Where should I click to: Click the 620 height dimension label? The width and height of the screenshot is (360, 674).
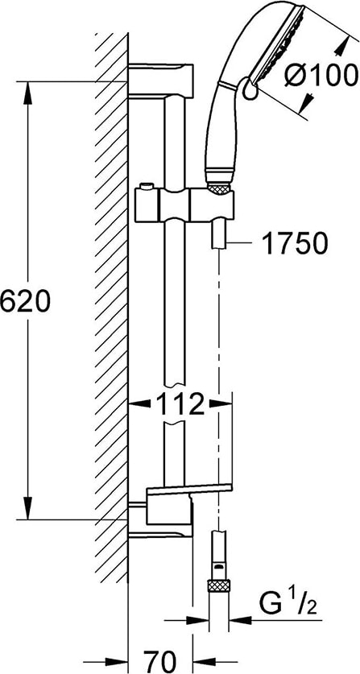click(x=25, y=301)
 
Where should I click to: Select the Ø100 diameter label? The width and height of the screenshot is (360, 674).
click(x=321, y=76)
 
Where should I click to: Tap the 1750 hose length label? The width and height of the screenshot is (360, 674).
click(x=295, y=244)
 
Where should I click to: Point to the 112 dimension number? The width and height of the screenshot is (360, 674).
click(x=180, y=404)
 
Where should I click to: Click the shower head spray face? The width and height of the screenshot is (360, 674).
click(x=278, y=43)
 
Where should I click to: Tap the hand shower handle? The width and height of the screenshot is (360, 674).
click(x=221, y=129)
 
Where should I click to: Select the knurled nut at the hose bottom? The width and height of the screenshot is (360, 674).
click(x=218, y=586)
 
